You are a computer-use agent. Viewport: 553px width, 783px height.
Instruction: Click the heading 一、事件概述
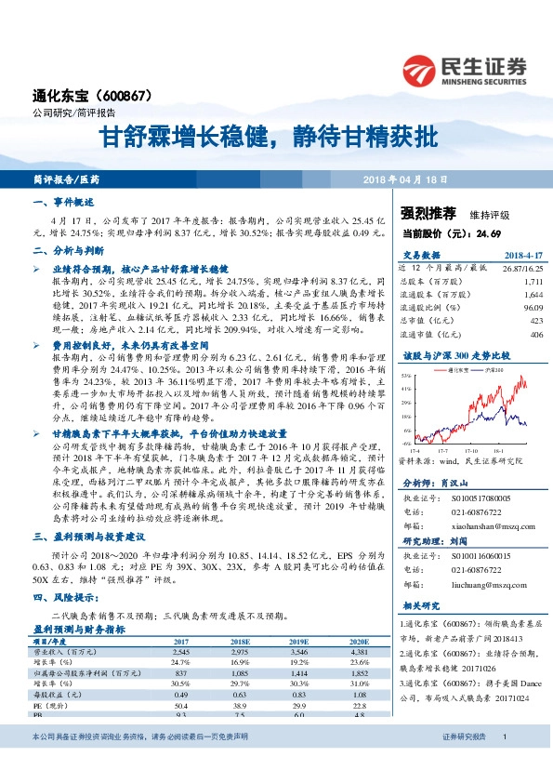[62, 202]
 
